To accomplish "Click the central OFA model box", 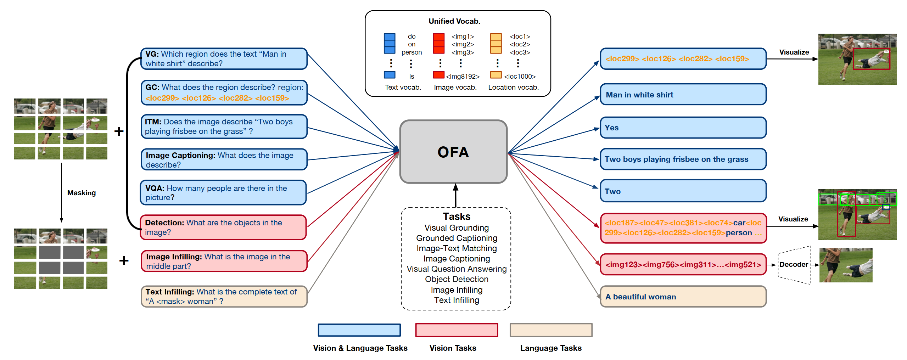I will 453,152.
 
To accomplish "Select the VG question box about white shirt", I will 224,59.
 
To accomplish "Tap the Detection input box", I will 223,227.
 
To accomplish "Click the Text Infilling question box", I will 224,297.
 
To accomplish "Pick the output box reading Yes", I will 683,128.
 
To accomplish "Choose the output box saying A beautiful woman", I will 683,297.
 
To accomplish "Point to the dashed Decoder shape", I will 794,265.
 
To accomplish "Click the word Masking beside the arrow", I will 82,193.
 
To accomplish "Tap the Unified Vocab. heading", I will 454,21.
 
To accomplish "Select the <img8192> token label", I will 463,77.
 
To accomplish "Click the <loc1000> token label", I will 520,77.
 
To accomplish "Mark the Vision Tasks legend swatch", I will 457,330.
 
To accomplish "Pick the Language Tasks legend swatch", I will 551,330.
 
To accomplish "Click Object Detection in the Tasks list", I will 457,280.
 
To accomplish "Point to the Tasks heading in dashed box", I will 457,216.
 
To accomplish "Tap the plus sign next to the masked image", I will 124,261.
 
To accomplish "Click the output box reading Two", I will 683,191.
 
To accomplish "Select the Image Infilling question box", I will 224,261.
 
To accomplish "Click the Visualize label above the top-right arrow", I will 794,52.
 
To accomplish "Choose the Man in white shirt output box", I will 683,95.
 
